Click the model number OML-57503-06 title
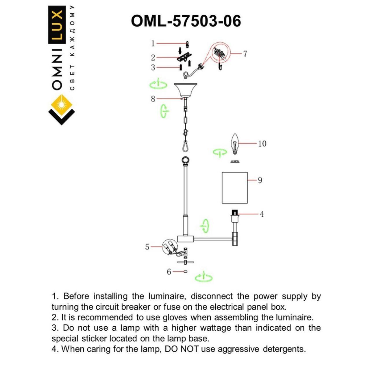[186, 21]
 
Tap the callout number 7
[245, 53]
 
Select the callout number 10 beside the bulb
[262, 144]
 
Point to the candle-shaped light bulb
[235, 144]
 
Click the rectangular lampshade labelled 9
[235, 188]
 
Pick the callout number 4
[262, 214]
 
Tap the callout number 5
[147, 247]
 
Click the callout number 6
[169, 272]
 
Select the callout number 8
[153, 99]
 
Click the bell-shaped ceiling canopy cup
[186, 90]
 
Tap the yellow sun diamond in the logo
[62, 105]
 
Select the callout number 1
[153, 43]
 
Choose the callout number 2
[153, 58]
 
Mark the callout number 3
[153, 67]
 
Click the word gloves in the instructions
[175, 317]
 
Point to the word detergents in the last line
[284, 349]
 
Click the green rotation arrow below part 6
[203, 277]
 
